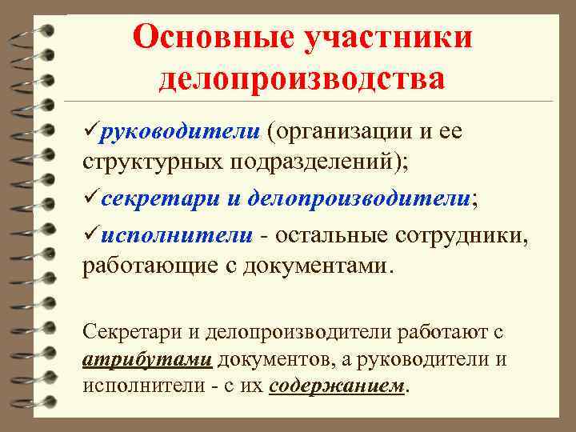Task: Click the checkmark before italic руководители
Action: (90, 130)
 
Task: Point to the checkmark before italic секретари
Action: (90, 198)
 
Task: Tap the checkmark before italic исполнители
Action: (90, 234)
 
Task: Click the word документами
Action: (321, 266)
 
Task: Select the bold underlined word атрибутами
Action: (147, 358)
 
